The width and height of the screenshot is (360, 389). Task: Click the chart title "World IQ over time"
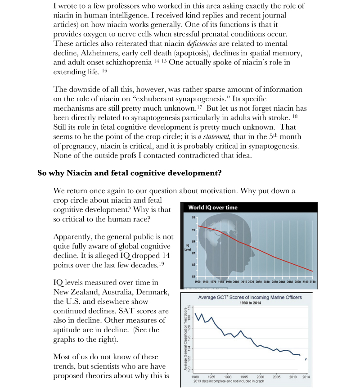point(212,208)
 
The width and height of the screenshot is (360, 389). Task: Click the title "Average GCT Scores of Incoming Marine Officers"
point(250,298)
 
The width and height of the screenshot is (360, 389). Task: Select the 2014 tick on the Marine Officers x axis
point(306,376)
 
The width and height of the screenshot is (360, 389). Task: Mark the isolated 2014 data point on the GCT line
point(306,359)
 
